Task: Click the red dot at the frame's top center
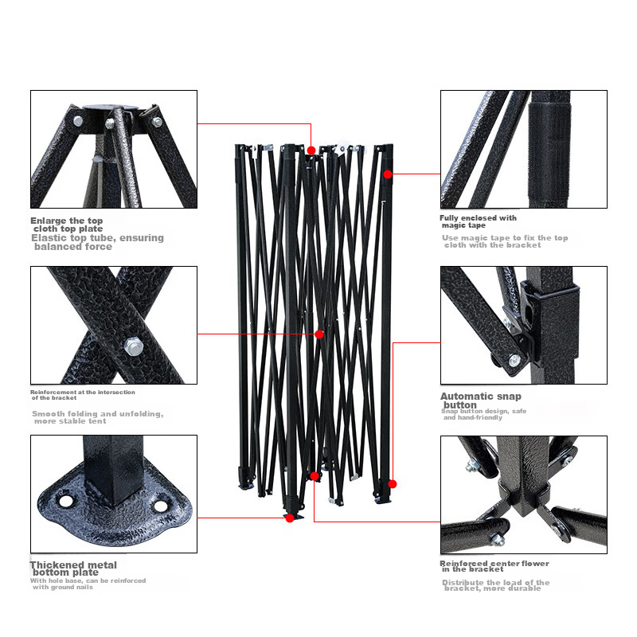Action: [x=311, y=150]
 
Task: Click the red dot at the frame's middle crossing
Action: [x=319, y=334]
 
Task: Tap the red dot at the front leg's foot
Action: [x=290, y=518]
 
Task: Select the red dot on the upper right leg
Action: [x=388, y=174]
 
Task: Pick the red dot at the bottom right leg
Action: [x=392, y=484]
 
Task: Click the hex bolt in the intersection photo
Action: [x=133, y=347]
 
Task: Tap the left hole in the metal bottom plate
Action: [x=66, y=501]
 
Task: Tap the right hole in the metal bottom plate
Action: [x=161, y=506]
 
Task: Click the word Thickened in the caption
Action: [x=53, y=565]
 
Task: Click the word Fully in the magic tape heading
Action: [x=449, y=218]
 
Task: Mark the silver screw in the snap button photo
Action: [x=514, y=360]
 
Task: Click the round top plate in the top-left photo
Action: [x=111, y=107]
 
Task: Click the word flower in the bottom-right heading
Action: [x=535, y=564]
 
